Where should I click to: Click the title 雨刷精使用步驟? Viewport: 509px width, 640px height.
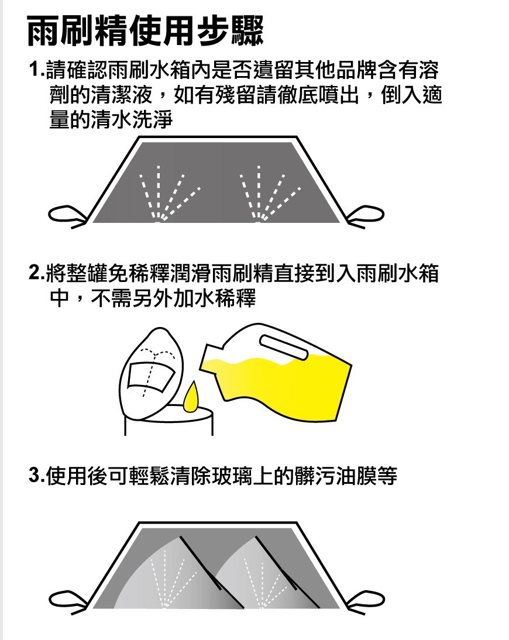[x=145, y=31]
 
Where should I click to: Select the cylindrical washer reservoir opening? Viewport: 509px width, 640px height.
[x=168, y=420]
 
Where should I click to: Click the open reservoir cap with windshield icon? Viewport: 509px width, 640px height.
[x=152, y=373]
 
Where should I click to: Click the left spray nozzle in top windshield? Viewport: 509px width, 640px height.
[x=159, y=221]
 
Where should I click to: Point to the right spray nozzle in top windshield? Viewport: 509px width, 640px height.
[x=259, y=221]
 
